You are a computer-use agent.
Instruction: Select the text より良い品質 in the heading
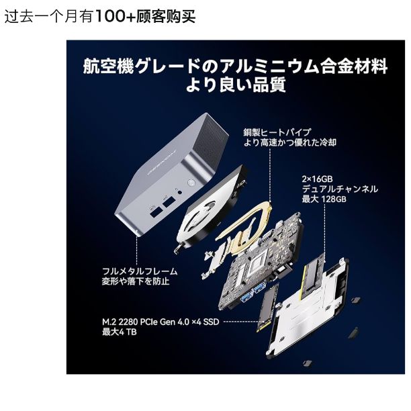(235, 85)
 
